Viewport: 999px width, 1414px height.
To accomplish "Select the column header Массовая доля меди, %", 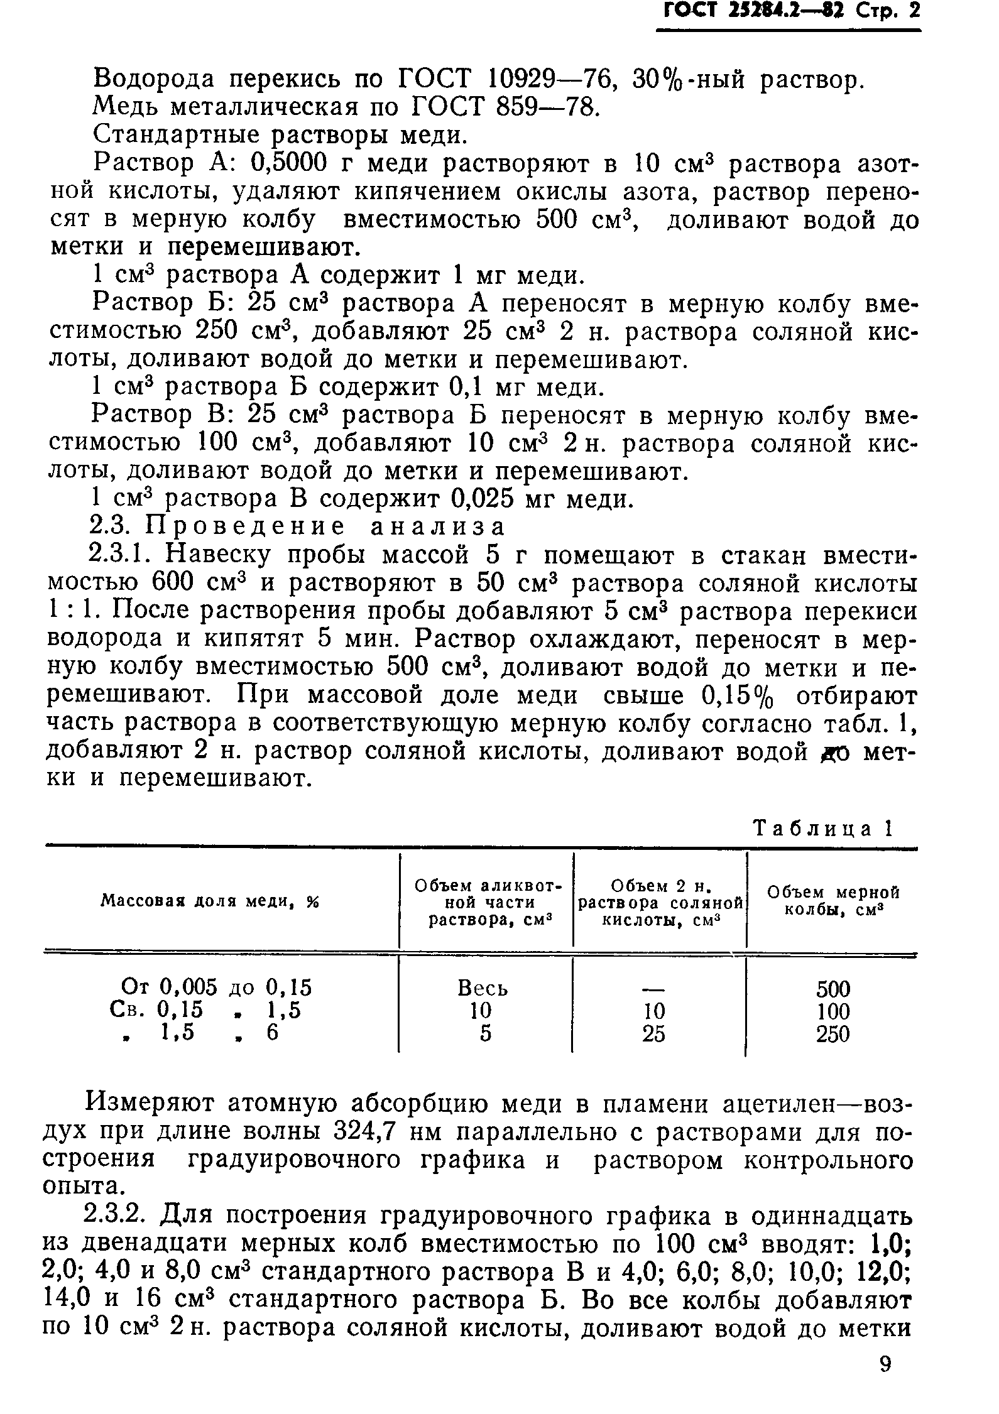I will click(x=210, y=901).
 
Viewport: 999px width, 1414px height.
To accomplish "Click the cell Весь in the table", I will click(x=483, y=988).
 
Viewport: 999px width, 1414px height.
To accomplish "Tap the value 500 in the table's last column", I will click(x=833, y=989).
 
